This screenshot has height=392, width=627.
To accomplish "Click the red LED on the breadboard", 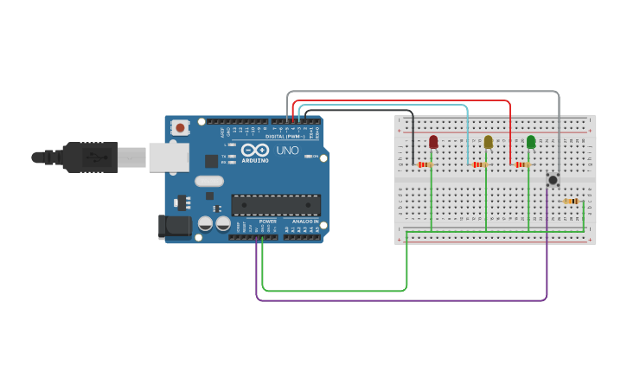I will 433,142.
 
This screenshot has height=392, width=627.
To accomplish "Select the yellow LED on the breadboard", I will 488,142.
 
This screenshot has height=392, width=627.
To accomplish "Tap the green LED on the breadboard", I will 531,142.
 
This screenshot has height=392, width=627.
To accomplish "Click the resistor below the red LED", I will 424,164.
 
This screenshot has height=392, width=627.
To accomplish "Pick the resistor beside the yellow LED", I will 478,164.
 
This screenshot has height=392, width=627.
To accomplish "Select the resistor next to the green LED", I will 521,164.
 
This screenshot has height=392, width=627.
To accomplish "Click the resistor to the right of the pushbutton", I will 571,202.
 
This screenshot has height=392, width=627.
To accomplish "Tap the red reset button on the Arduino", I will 180,127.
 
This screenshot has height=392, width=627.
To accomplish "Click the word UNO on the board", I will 287,151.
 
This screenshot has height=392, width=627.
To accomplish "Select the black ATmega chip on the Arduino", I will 276,205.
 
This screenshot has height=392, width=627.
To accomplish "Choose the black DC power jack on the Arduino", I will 174,227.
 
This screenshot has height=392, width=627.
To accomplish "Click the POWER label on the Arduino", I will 268,222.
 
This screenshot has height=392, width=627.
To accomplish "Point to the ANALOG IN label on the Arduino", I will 304,222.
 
